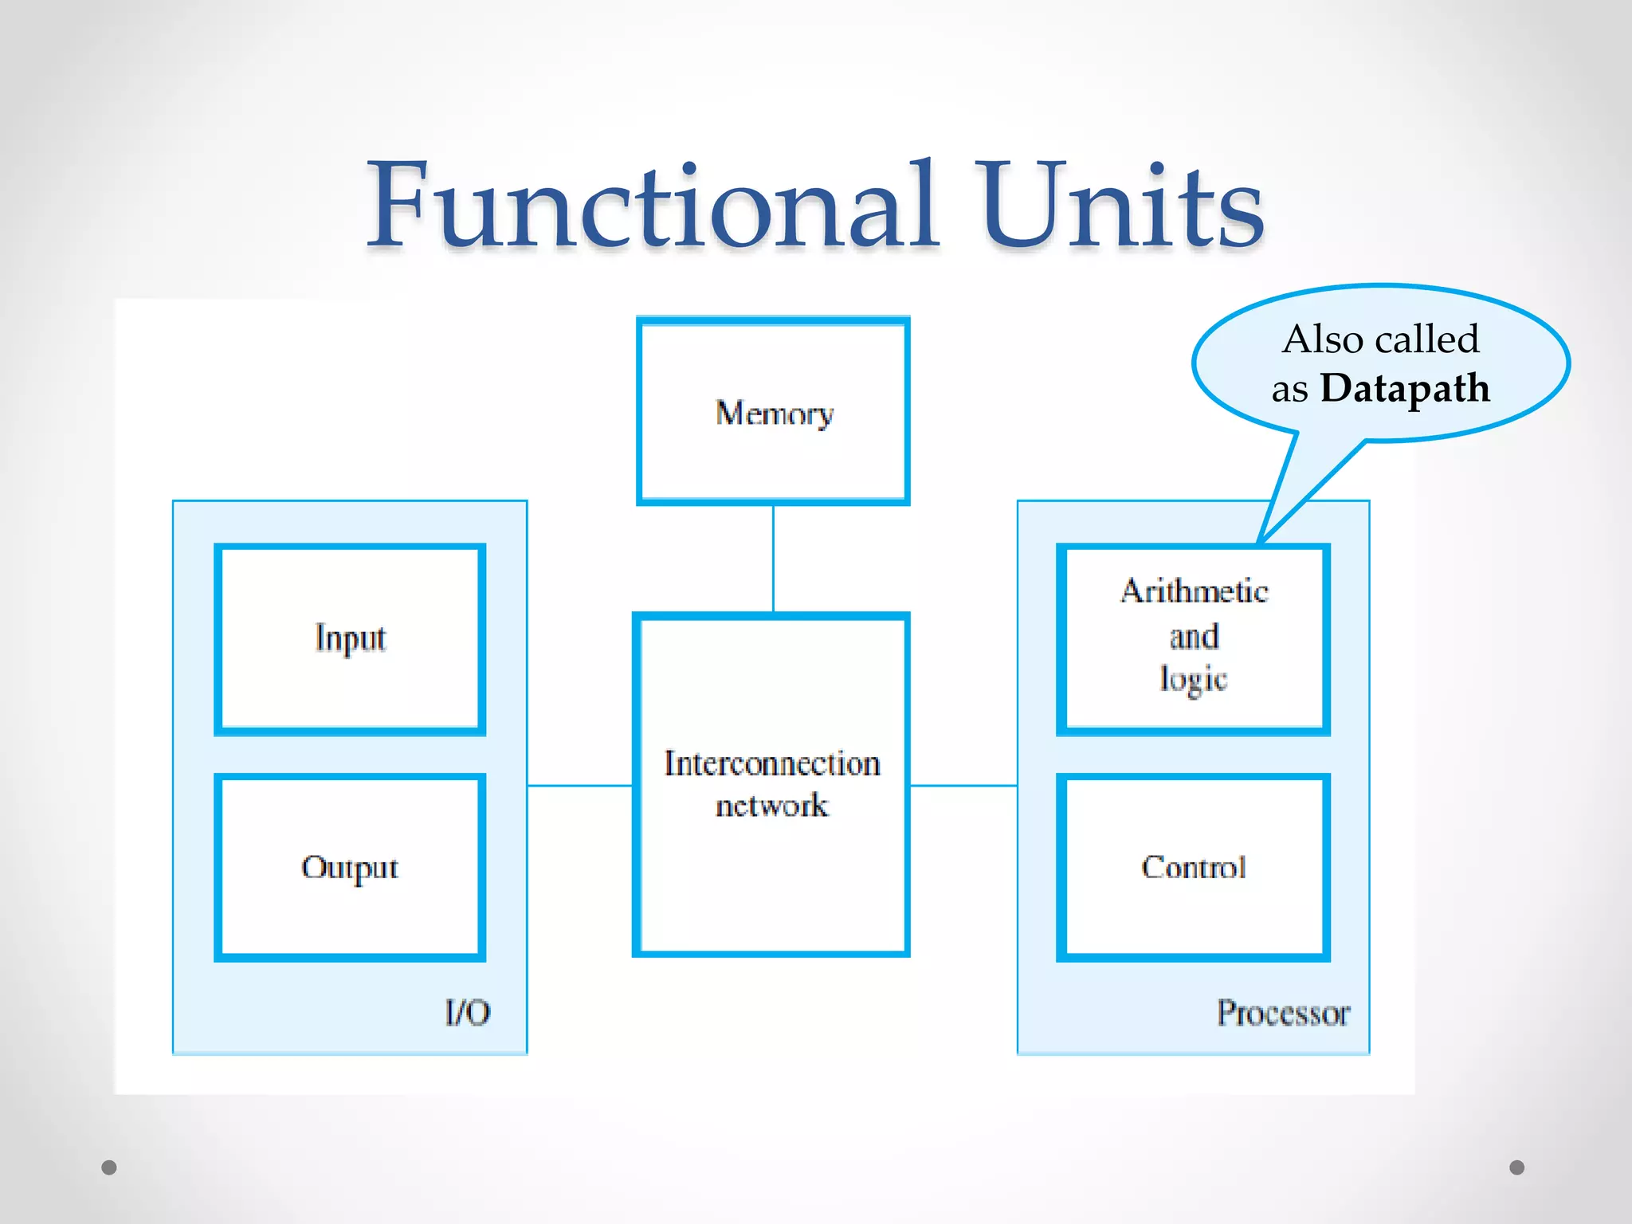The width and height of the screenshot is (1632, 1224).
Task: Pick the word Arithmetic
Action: click(x=1194, y=591)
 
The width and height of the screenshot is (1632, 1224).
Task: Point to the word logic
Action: click(x=1193, y=679)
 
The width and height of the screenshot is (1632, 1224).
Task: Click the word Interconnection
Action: click(x=772, y=763)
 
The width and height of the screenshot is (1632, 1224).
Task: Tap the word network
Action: click(x=771, y=806)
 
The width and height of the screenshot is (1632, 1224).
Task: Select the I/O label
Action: click(x=468, y=1013)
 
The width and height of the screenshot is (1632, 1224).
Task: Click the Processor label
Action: click(x=1283, y=1013)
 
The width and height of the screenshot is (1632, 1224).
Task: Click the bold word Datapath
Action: click(x=1405, y=389)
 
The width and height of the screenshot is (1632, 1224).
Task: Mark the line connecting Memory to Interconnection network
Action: click(x=773, y=558)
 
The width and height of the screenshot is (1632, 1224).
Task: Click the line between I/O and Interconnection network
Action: click(x=580, y=786)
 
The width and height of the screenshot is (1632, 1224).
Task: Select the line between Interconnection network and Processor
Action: click(x=963, y=786)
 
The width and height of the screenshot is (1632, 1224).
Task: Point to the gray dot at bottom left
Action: click(x=109, y=1167)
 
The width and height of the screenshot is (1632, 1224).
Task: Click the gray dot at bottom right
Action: click(x=1517, y=1167)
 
